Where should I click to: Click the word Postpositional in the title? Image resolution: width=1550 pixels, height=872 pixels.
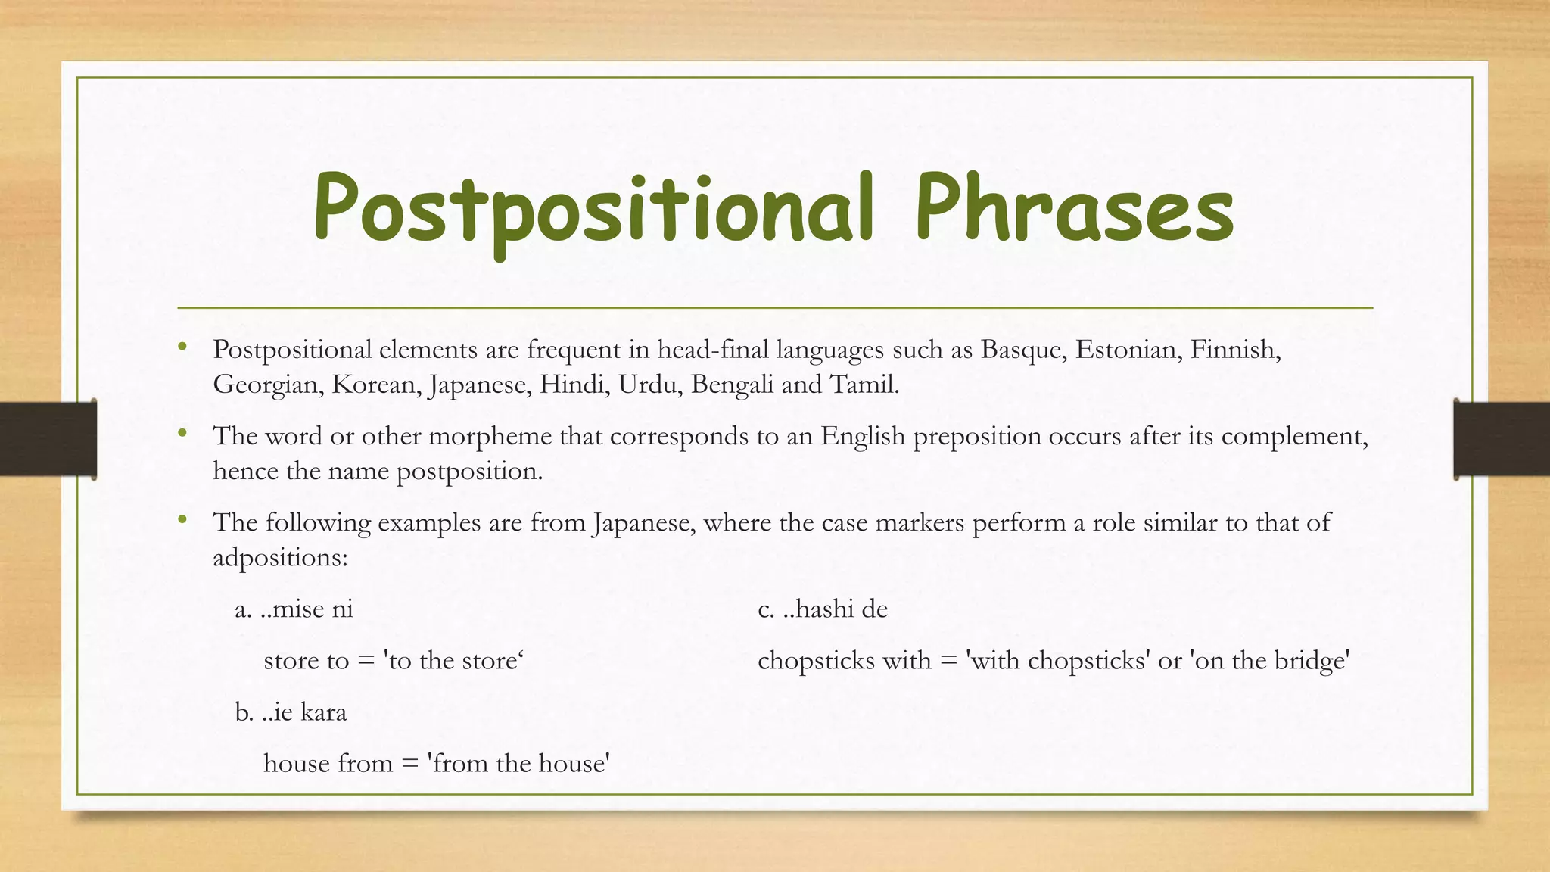point(594,208)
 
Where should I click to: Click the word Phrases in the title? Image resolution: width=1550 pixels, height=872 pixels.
point(1075,208)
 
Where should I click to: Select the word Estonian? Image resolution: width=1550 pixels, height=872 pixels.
point(1128,350)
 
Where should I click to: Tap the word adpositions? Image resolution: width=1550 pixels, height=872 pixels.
point(279,559)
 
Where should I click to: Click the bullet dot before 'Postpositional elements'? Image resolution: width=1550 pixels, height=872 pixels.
point(182,347)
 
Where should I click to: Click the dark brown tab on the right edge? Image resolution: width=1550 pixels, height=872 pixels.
point(1502,439)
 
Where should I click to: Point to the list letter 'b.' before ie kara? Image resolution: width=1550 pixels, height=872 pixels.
point(244,712)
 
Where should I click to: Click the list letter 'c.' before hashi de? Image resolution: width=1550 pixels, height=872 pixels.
point(766,609)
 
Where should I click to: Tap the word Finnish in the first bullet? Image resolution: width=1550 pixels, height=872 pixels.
point(1234,350)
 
